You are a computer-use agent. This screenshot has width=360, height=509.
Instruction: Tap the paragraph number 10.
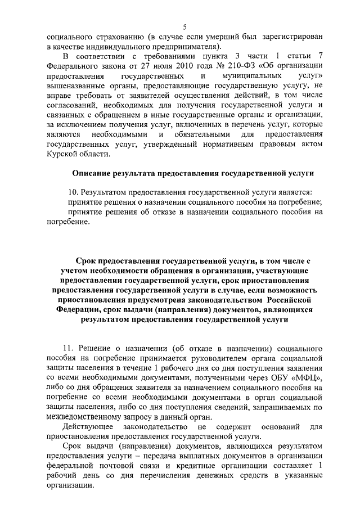[x=73, y=193]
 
